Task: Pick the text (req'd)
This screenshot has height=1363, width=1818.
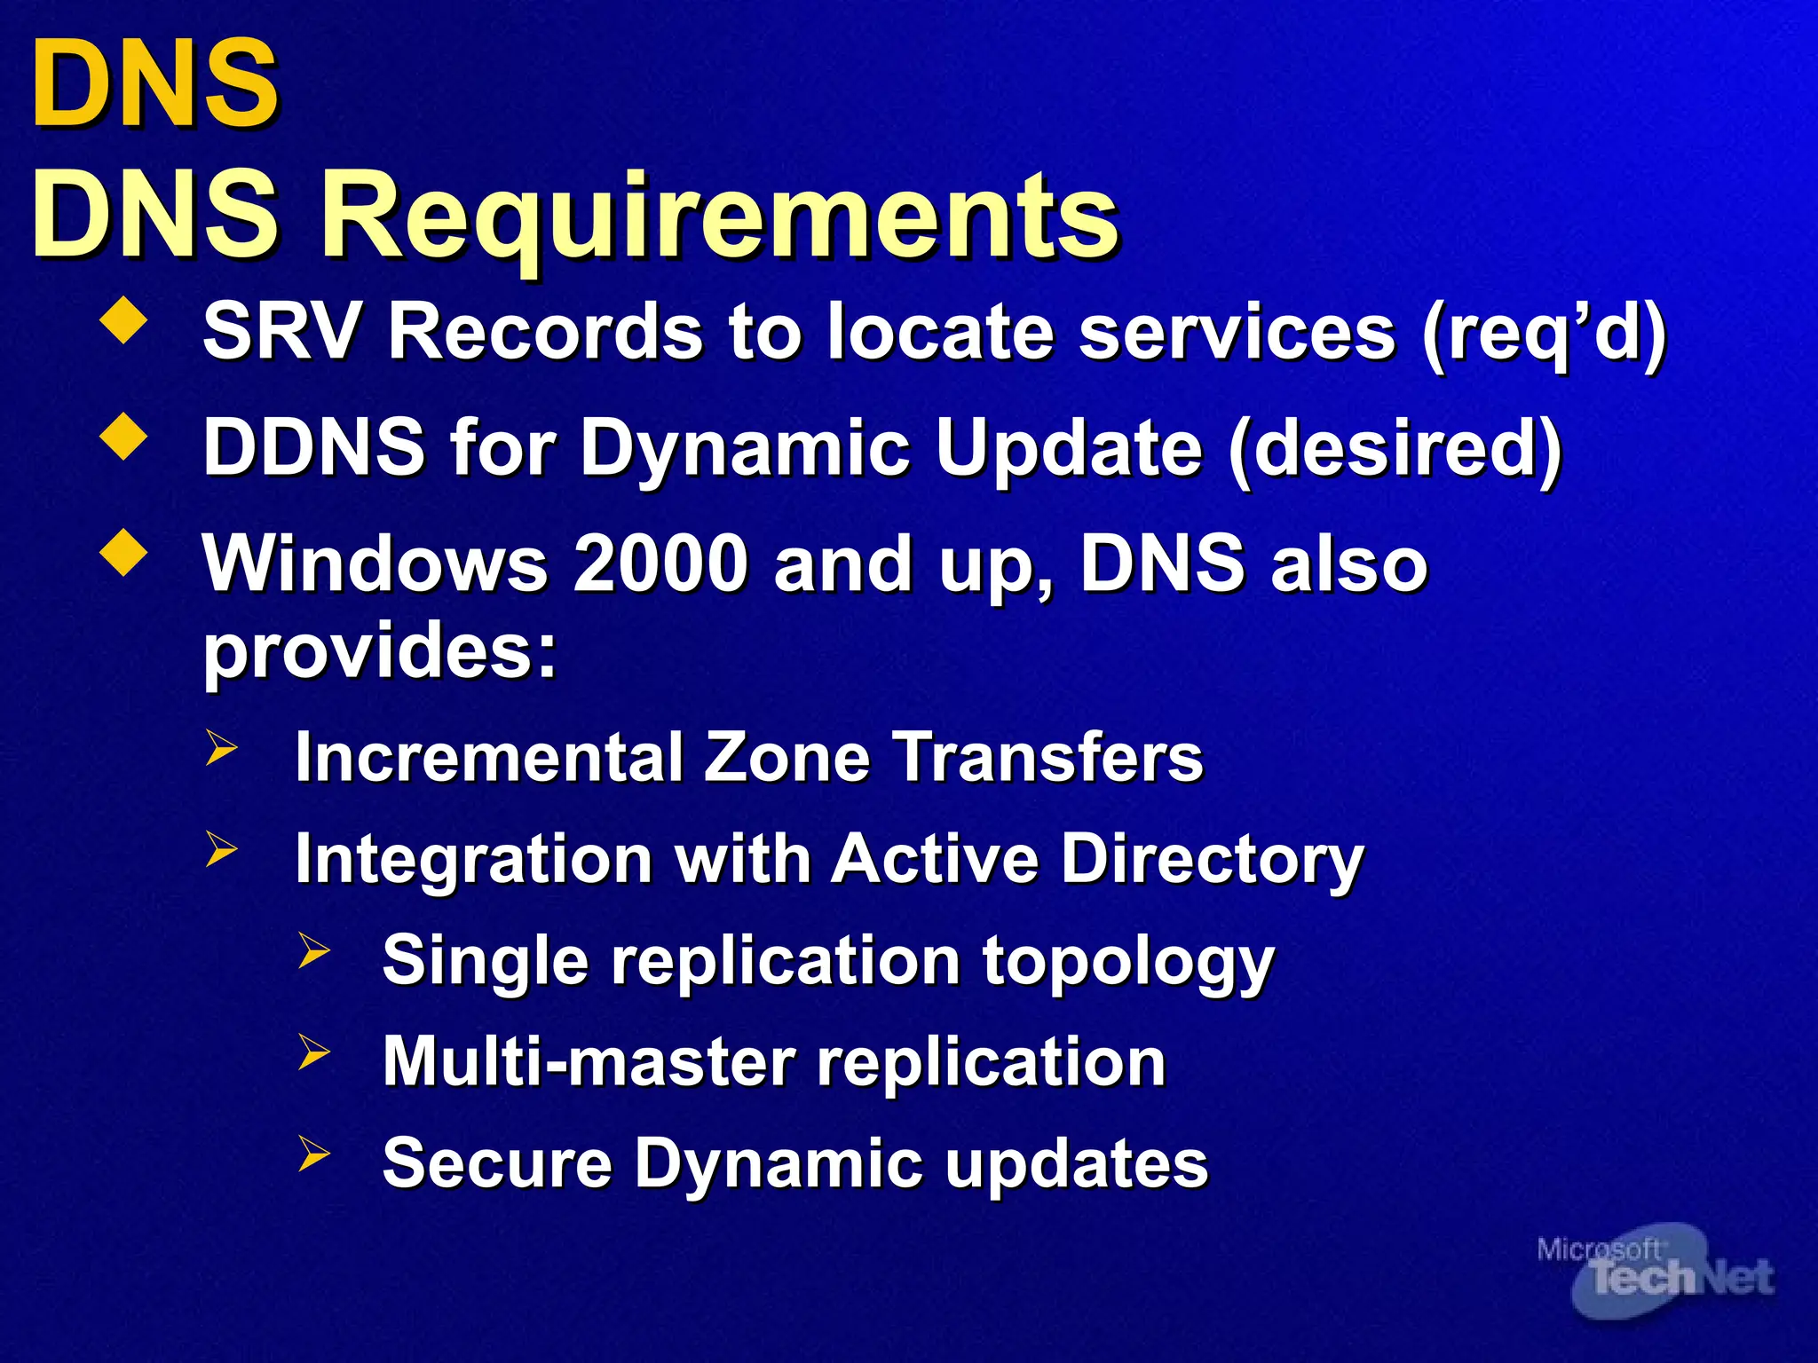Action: click(x=1543, y=334)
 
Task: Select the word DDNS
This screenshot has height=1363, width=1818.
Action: click(x=314, y=447)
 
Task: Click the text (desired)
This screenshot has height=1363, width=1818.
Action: click(x=1395, y=449)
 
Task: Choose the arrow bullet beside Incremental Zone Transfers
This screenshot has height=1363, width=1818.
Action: click(x=221, y=747)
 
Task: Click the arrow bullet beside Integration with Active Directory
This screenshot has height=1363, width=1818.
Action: click(x=221, y=849)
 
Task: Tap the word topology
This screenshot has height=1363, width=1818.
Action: click(x=1128, y=962)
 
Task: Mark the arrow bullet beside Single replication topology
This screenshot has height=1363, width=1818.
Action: click(x=314, y=950)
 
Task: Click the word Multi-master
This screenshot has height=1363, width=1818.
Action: click(x=589, y=1062)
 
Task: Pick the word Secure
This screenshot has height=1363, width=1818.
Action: click(x=497, y=1163)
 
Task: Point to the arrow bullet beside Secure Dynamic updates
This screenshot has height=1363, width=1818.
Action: click(x=314, y=1153)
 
